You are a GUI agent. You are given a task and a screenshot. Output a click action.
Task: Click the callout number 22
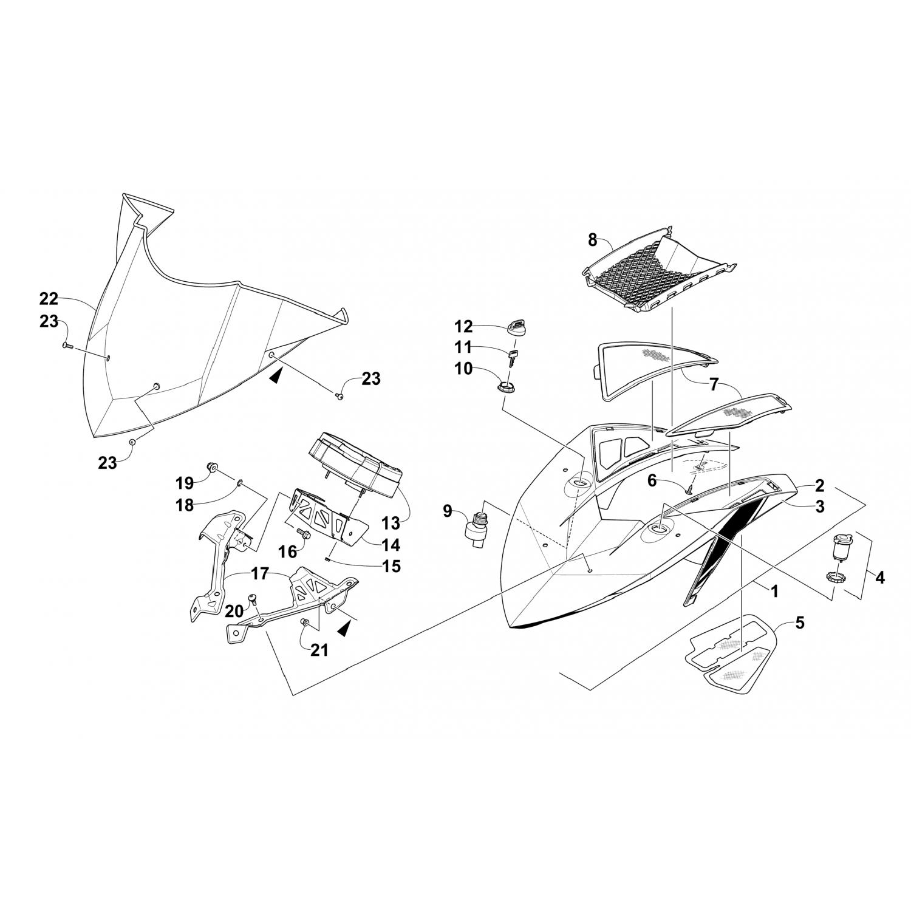point(49,299)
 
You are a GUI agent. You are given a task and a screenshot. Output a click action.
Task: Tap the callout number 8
point(593,241)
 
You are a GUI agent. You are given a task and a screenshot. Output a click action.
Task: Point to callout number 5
point(800,623)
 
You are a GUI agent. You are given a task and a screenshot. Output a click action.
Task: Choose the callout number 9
point(448,511)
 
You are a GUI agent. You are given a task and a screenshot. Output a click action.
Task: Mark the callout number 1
point(774,590)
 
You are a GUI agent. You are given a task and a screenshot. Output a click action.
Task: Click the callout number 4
point(879,578)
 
